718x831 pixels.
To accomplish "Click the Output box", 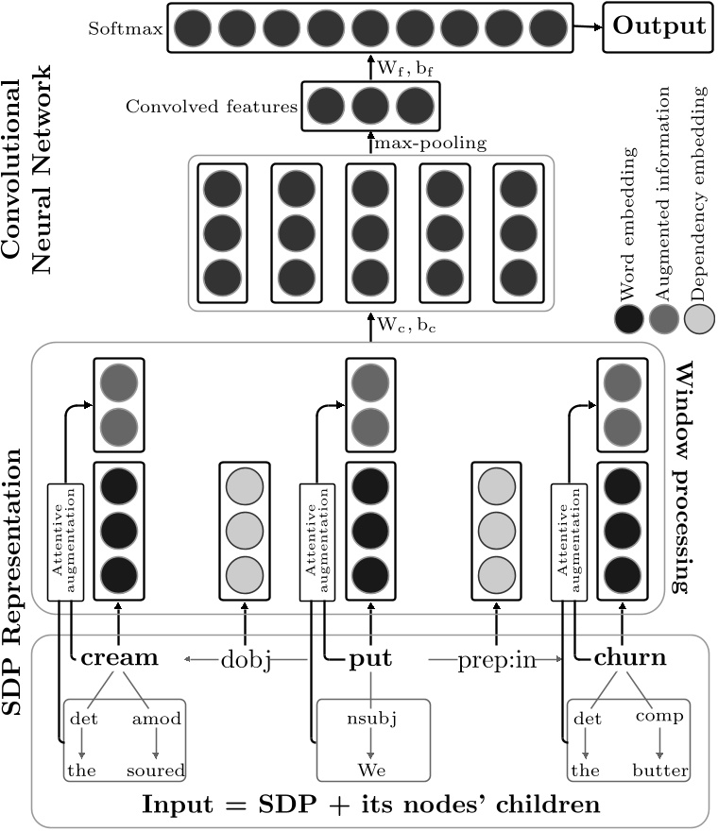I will click(659, 25).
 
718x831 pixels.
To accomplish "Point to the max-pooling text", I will click(431, 143).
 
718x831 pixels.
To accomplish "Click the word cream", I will click(119, 657).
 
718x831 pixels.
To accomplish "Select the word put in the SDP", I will click(371, 657).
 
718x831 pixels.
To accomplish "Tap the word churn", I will click(630, 657).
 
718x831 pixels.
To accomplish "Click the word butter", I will click(660, 771).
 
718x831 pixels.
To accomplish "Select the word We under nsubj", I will click(371, 771).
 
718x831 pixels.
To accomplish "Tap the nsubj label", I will click(371, 720).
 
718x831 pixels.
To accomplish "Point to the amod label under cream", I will click(155, 720).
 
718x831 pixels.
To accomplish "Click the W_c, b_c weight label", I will click(406, 326).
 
